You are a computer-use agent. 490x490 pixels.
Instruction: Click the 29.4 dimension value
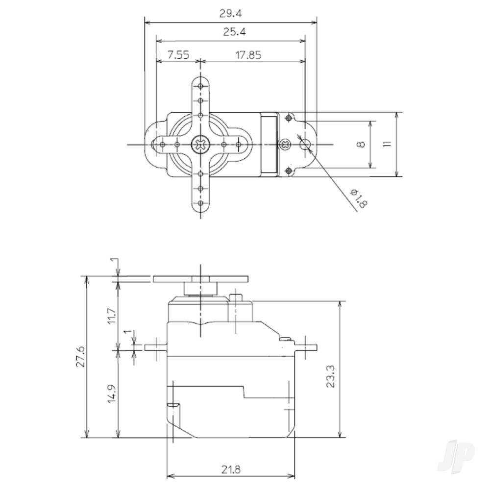point(230,14)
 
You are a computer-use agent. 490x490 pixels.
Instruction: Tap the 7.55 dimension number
point(178,55)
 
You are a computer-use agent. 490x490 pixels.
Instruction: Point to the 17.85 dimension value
point(248,55)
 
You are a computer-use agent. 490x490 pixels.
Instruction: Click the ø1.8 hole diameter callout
point(358,198)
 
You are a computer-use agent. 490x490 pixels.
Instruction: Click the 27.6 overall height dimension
point(80,357)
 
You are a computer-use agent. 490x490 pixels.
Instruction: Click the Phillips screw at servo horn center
point(200,145)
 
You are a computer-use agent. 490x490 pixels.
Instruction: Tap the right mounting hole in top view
point(305,144)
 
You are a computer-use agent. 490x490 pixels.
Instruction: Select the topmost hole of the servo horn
point(200,86)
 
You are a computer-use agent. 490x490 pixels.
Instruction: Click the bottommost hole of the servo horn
point(200,203)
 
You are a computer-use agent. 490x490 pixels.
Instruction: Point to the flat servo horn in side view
point(201,279)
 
